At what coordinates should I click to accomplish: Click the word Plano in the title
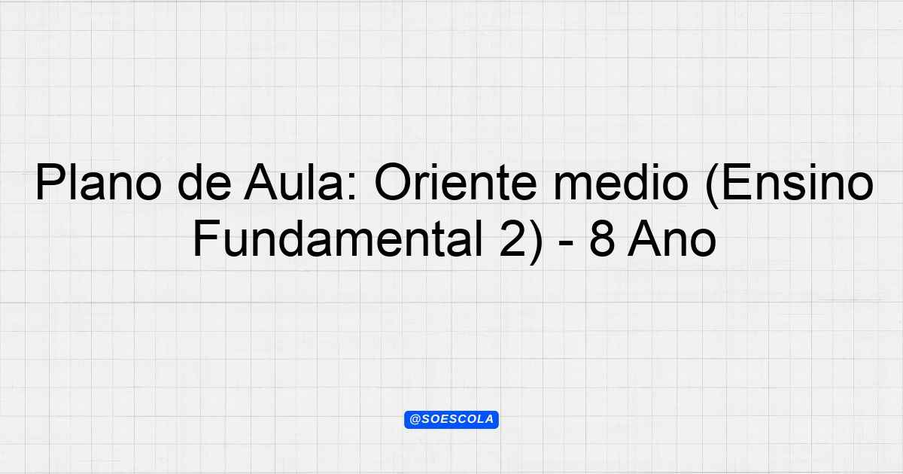(99, 182)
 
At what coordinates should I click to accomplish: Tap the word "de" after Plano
(205, 182)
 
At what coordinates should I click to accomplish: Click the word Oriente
(455, 182)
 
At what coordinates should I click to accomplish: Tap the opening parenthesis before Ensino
(713, 186)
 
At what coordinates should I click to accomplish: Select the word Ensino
(798, 182)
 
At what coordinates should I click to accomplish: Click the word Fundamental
(338, 239)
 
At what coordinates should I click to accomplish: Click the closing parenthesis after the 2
(536, 242)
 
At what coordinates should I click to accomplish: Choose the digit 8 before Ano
(602, 239)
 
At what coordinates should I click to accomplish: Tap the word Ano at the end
(671, 239)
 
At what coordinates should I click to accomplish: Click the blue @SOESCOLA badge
(451, 420)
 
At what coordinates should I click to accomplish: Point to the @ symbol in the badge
(415, 420)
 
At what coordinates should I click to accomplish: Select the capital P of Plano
(50, 182)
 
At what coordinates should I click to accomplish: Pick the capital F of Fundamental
(207, 239)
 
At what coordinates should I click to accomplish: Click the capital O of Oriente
(393, 182)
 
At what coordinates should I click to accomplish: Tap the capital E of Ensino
(737, 182)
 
